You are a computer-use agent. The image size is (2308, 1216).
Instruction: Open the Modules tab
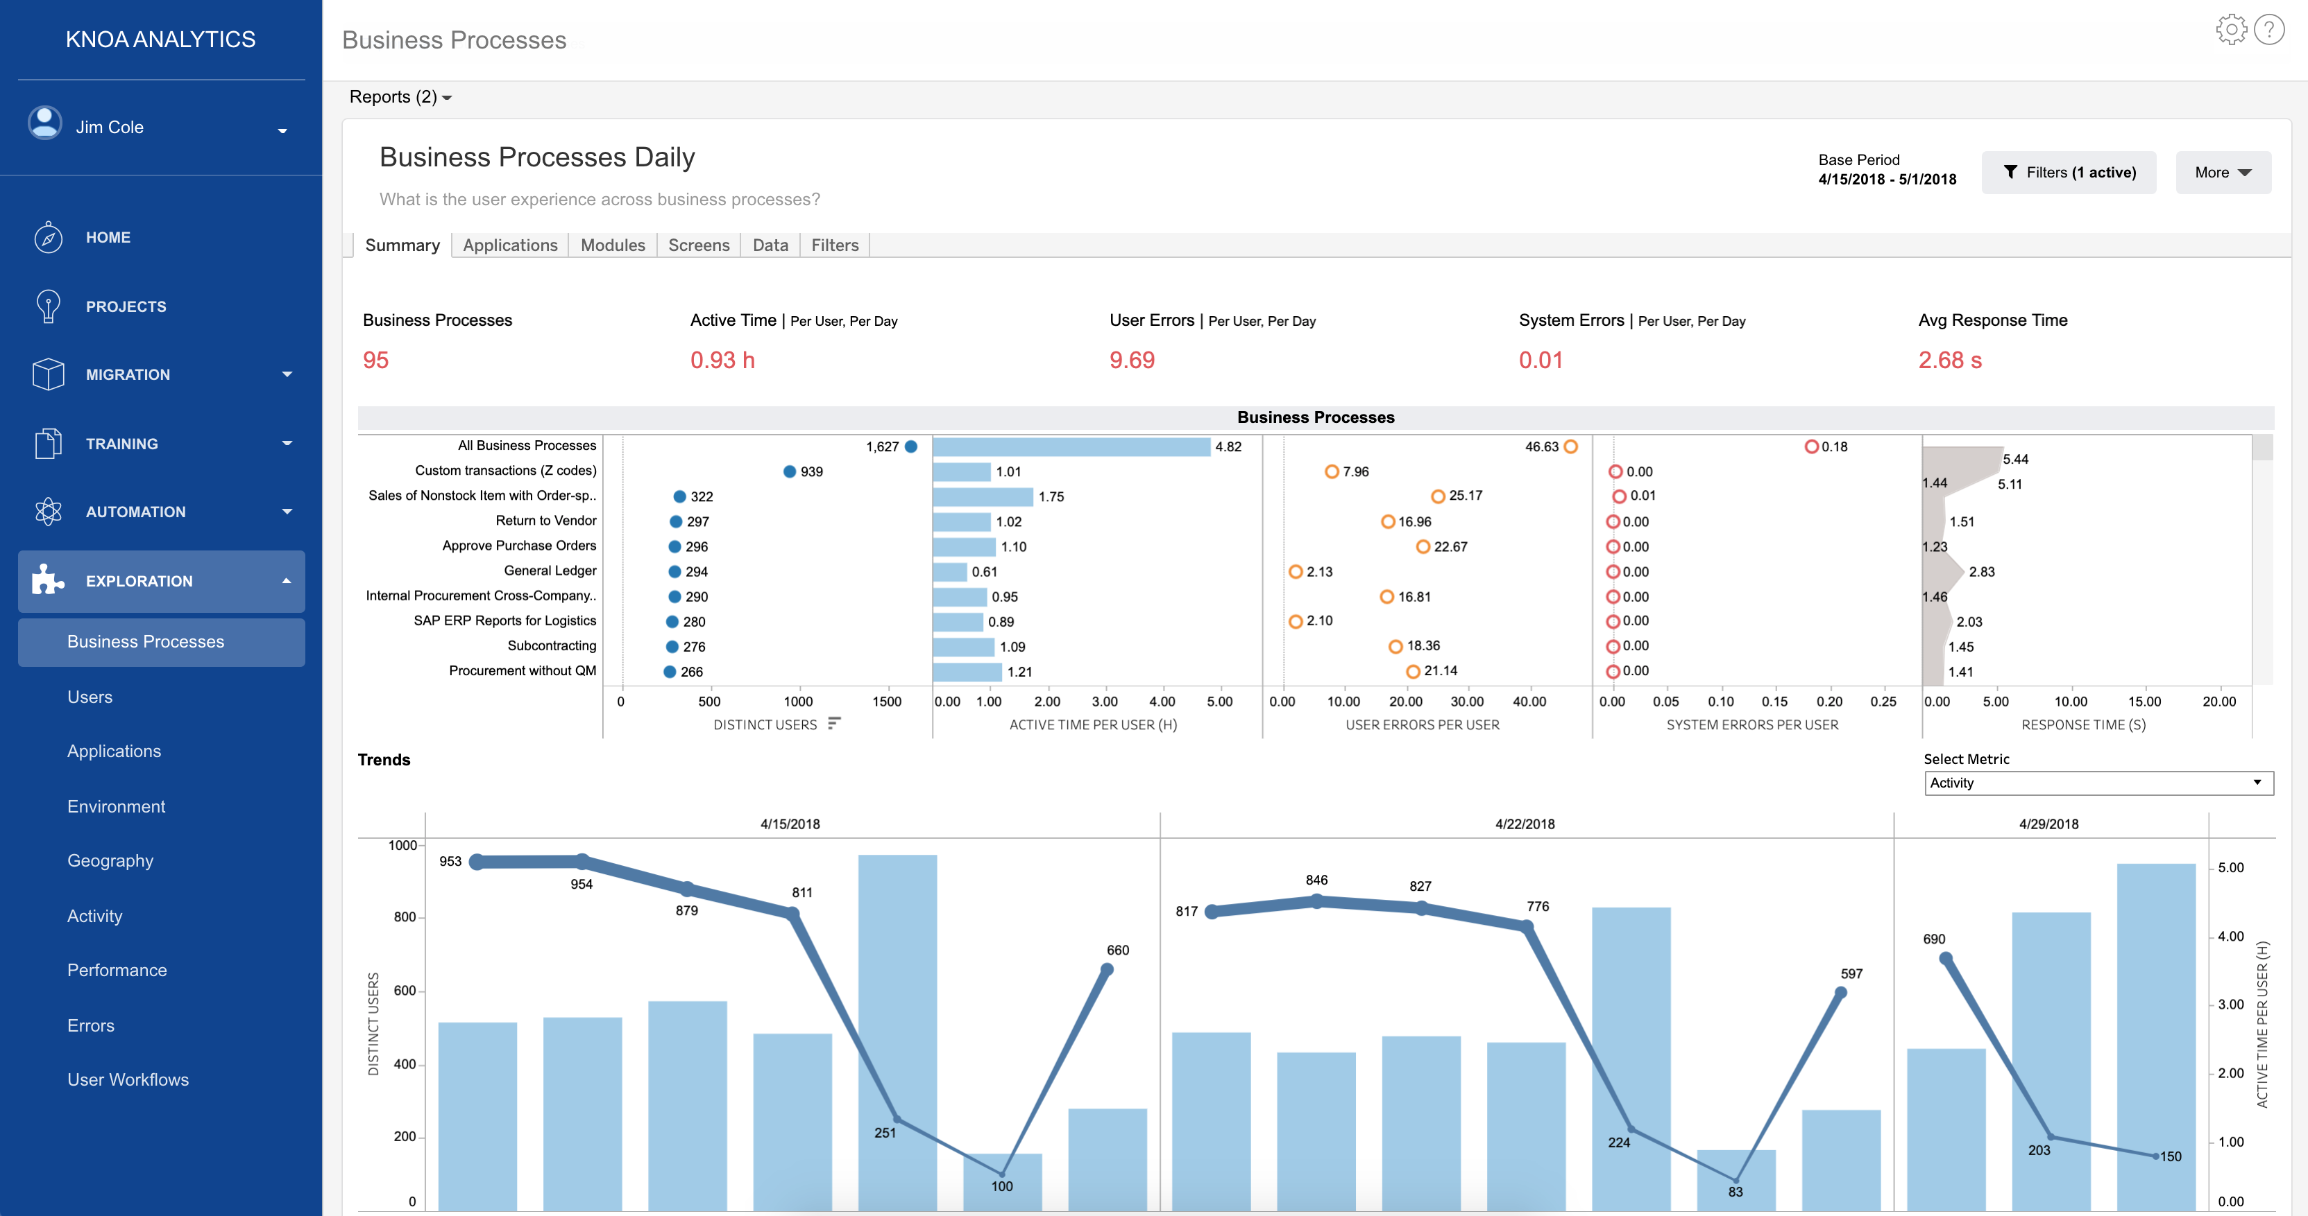[x=612, y=245]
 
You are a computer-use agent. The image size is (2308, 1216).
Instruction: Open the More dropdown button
[x=2222, y=173]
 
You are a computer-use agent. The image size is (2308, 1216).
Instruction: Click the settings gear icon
[x=2230, y=30]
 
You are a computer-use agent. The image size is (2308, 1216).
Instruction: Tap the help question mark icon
[x=2268, y=30]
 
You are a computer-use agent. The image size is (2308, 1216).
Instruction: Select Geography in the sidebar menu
[x=110, y=860]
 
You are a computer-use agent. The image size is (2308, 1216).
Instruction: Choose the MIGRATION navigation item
[x=128, y=374]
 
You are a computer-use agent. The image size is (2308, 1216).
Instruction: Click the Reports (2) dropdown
[x=400, y=96]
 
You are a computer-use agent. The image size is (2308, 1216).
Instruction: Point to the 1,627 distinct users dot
[x=910, y=446]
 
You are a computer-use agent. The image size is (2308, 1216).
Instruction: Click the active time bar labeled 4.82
[x=1071, y=446]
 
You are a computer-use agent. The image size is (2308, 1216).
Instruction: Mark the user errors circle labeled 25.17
[x=1437, y=496]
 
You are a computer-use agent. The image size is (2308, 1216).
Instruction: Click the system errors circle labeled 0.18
[x=1810, y=446]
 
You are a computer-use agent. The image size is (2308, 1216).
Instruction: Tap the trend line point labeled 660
[x=1107, y=970]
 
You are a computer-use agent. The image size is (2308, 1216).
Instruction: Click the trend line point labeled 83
[x=1736, y=1179]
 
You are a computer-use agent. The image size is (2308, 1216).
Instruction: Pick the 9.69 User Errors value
[x=1132, y=360]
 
